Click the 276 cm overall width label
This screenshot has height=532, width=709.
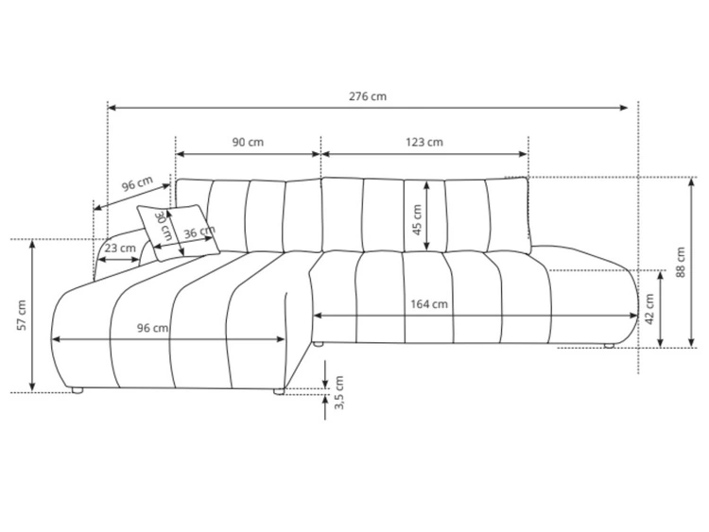368,96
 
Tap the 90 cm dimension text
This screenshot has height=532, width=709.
248,142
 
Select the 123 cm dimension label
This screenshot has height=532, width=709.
424,142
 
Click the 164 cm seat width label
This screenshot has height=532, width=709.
429,304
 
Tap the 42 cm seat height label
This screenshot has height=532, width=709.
648,308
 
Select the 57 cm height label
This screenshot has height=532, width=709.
22,315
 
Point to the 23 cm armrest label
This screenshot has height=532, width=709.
119,249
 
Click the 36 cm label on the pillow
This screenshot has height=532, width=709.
197,233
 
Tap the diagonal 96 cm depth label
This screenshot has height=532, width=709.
137,187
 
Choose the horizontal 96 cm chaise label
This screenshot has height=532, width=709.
153,328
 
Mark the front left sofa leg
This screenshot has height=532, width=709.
77,389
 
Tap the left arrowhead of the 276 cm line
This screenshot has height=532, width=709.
112,108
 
